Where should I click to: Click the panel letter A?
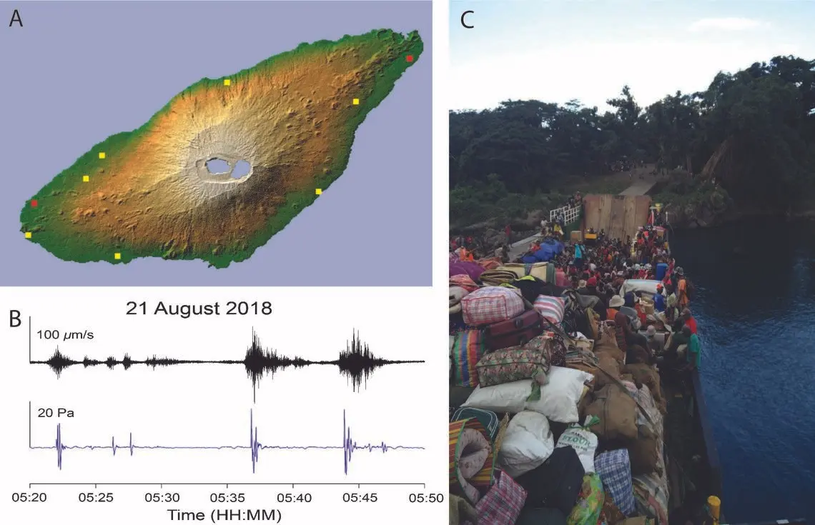pyautogui.click(x=16, y=19)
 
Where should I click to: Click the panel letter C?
pyautogui.click(x=468, y=20)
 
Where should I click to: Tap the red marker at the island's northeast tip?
pyautogui.click(x=409, y=58)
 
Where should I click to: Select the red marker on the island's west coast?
pyautogui.click(x=34, y=204)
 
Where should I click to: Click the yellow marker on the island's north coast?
pyautogui.click(x=227, y=82)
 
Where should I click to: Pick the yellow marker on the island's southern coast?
pyautogui.click(x=118, y=256)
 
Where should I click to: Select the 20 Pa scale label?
pyautogui.click(x=51, y=411)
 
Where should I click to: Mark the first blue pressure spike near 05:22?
pyautogui.click(x=59, y=446)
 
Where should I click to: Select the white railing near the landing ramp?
pyautogui.click(x=565, y=214)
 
